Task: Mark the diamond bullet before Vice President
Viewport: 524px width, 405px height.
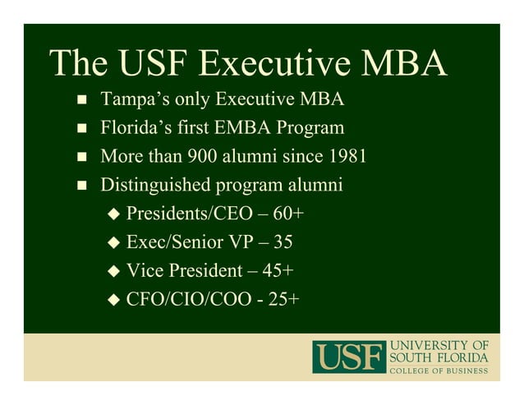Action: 114,271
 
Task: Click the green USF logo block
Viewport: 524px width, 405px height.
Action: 348,357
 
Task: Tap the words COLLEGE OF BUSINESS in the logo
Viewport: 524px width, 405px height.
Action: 439,371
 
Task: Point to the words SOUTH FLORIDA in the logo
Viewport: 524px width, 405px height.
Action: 439,357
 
